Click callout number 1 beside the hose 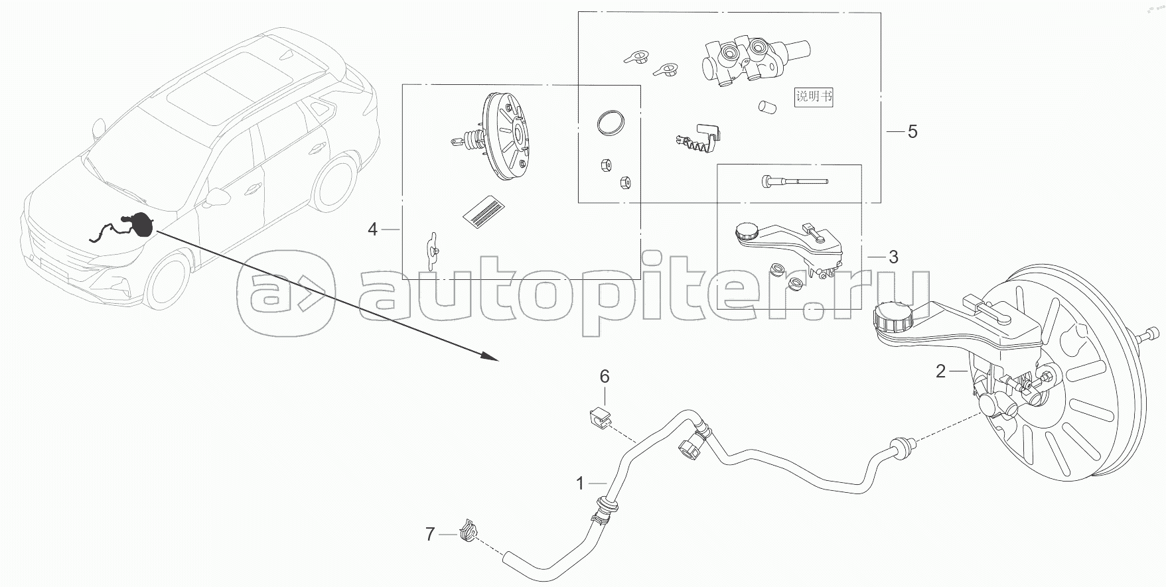(x=580, y=484)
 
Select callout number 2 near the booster (x=940, y=371)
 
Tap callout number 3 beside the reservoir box (x=893, y=257)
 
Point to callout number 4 (x=372, y=229)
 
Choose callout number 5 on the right (x=912, y=131)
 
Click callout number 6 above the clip (x=605, y=377)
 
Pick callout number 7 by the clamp (x=430, y=534)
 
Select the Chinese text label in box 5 (x=814, y=96)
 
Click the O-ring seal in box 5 (x=610, y=123)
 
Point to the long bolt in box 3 (x=794, y=180)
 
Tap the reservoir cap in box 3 (x=747, y=231)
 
